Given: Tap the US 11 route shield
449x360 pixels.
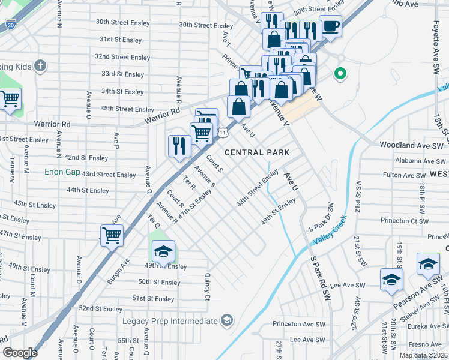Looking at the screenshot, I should (x=222, y=132).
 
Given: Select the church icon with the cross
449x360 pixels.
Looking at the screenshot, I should (x=40, y=65).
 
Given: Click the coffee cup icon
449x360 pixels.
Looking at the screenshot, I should (x=330, y=26).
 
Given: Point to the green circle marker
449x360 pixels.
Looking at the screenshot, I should (x=340, y=74).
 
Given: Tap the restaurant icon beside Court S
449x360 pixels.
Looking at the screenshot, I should (x=179, y=146).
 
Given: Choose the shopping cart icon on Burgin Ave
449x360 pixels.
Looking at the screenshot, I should (x=112, y=235).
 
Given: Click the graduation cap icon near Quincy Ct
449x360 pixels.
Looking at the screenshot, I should (x=163, y=253).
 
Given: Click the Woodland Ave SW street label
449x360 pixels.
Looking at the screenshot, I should (x=411, y=145).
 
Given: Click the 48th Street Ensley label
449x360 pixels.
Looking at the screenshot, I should (x=257, y=188).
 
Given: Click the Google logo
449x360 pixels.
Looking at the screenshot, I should (x=20, y=353).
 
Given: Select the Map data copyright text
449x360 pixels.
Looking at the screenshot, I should (x=423, y=355).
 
